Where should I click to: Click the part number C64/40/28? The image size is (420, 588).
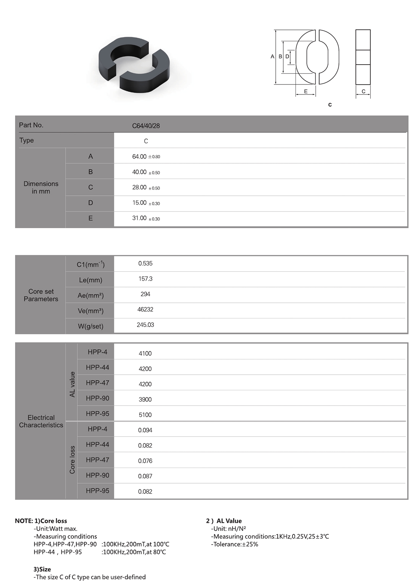146,126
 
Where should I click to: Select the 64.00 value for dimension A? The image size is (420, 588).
139,157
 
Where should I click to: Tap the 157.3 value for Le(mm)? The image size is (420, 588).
145,279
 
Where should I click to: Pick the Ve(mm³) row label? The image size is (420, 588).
90,311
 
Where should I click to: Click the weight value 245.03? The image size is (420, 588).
145,325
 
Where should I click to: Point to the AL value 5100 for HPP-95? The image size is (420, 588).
145,415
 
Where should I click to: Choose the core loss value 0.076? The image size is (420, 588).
145,461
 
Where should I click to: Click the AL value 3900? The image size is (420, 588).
145,400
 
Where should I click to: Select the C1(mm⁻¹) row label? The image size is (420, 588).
90,264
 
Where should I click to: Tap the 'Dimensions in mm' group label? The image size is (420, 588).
41,188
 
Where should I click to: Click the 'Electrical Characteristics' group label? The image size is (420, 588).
41,421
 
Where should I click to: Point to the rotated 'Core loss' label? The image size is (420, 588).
72,460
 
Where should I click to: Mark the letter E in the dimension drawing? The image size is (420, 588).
306,91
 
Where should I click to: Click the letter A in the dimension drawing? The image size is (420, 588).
272,57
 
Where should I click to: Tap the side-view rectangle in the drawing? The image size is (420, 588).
363,57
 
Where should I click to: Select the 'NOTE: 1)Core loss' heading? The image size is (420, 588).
41,521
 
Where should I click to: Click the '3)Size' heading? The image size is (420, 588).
42,569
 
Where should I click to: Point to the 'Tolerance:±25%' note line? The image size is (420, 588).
234,544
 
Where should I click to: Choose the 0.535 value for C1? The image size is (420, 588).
145,263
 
